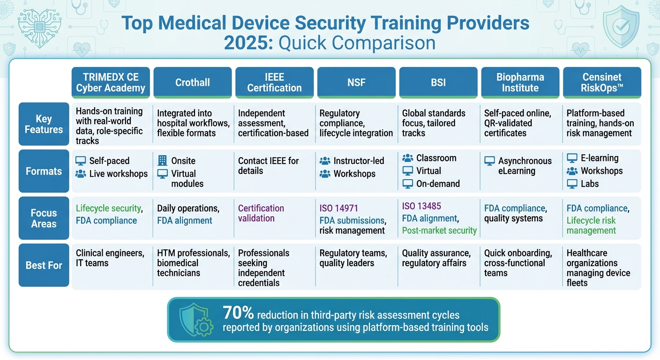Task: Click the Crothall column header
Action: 193,82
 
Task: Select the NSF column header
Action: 356,82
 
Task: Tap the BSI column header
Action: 438,82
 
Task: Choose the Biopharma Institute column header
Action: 520,82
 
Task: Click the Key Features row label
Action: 44,124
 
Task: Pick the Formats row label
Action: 44,171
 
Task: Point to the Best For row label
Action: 44,265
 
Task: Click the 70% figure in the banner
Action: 239,313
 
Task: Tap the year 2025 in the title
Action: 248,43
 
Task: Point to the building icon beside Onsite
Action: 162,161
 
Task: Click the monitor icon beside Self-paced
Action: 81,161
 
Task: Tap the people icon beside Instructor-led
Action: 325,161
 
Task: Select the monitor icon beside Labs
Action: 572,184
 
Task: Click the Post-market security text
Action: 439,231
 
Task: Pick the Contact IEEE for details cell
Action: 268,166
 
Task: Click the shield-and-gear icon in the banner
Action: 195,320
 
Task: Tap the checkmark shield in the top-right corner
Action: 621,27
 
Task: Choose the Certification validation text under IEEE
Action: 261,213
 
